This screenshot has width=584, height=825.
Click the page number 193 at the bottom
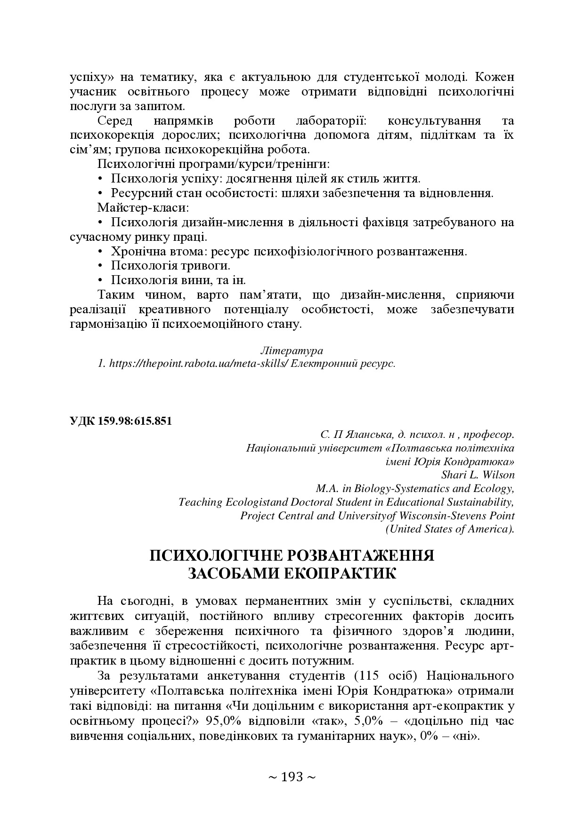(292, 777)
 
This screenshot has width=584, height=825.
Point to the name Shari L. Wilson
(478, 475)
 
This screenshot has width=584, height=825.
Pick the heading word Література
(292, 351)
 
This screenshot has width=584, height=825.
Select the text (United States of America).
(450, 529)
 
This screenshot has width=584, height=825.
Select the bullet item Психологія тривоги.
(170, 265)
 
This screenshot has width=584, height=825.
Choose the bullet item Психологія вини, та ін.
(178, 280)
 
